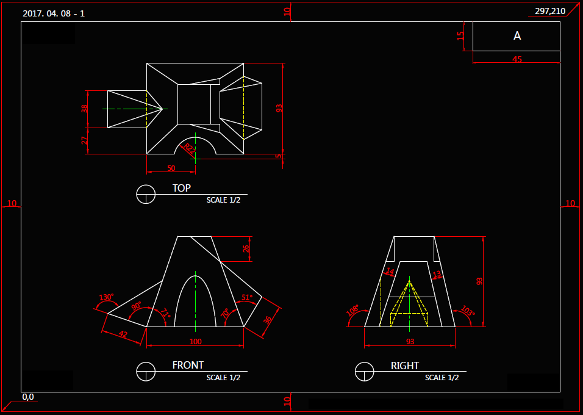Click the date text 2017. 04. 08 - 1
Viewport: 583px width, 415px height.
tap(54, 13)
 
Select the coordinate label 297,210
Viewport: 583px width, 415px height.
tap(549, 11)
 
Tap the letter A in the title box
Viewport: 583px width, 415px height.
tap(517, 36)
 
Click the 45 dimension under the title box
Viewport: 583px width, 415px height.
tap(517, 59)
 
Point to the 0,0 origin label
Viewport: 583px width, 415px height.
tap(28, 397)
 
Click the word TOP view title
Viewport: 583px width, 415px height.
tap(181, 188)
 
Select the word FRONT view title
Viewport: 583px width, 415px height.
tap(188, 365)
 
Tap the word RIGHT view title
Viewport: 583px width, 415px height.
tap(405, 366)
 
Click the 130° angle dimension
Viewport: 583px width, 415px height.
tap(107, 297)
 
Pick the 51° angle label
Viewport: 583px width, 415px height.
tap(247, 297)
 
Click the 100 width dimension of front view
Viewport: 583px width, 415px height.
tap(195, 341)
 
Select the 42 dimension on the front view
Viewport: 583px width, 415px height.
tap(123, 334)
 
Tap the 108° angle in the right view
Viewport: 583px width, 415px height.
tap(352, 309)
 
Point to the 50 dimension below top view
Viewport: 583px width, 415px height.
tap(171, 168)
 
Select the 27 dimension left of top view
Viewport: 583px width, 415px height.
tap(85, 140)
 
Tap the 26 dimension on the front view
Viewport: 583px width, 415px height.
tap(246, 248)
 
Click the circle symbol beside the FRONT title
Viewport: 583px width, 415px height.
tap(146, 370)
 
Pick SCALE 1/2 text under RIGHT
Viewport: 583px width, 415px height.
tap(442, 378)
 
